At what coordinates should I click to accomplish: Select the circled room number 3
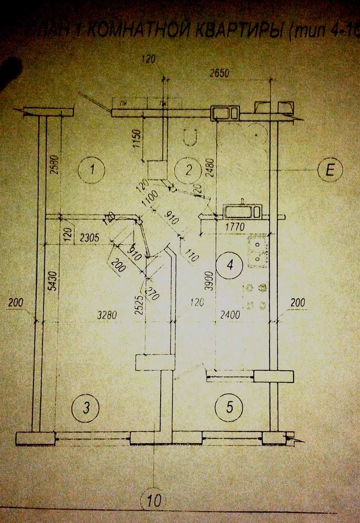point(88,406)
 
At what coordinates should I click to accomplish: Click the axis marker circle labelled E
point(330,170)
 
